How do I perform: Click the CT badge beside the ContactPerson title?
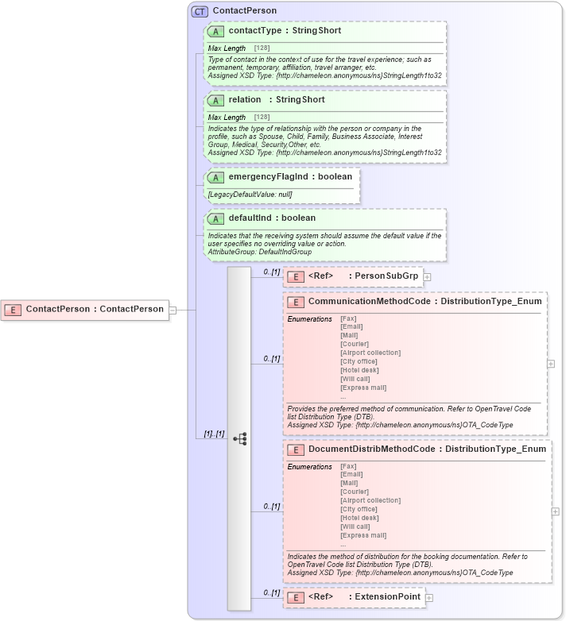200,11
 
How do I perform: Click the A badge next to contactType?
215,31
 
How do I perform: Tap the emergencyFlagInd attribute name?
271,176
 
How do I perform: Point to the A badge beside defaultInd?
215,218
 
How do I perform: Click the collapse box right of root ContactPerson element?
173,309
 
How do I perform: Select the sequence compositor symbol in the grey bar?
239,438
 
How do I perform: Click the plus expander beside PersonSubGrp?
427,276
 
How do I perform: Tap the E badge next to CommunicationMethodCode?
296,302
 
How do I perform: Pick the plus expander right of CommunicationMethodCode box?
551,363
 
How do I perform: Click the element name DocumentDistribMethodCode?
371,449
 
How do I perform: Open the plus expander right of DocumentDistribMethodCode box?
555,511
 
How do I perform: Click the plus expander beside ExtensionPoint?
429,597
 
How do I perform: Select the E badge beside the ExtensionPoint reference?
296,597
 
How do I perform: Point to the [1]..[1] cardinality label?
214,434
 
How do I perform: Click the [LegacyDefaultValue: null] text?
250,195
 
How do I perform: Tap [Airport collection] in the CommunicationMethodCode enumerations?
370,353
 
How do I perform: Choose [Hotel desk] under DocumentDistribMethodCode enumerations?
359,517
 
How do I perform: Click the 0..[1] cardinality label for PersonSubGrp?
271,272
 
